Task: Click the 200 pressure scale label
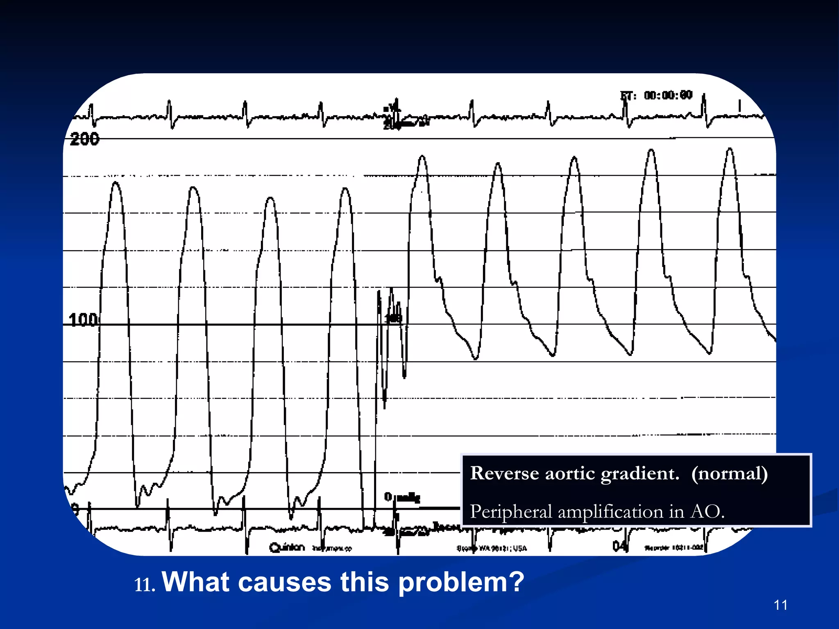point(84,139)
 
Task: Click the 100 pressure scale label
point(83,320)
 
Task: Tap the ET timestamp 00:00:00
point(668,95)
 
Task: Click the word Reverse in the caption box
point(504,473)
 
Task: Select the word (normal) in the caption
point(729,473)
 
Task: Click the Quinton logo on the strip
point(287,547)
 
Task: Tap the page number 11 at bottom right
point(781,605)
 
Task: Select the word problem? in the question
point(461,582)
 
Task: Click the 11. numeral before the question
point(145,585)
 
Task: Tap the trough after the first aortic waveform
point(475,359)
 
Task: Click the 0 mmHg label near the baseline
point(401,497)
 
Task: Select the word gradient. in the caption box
point(640,473)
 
